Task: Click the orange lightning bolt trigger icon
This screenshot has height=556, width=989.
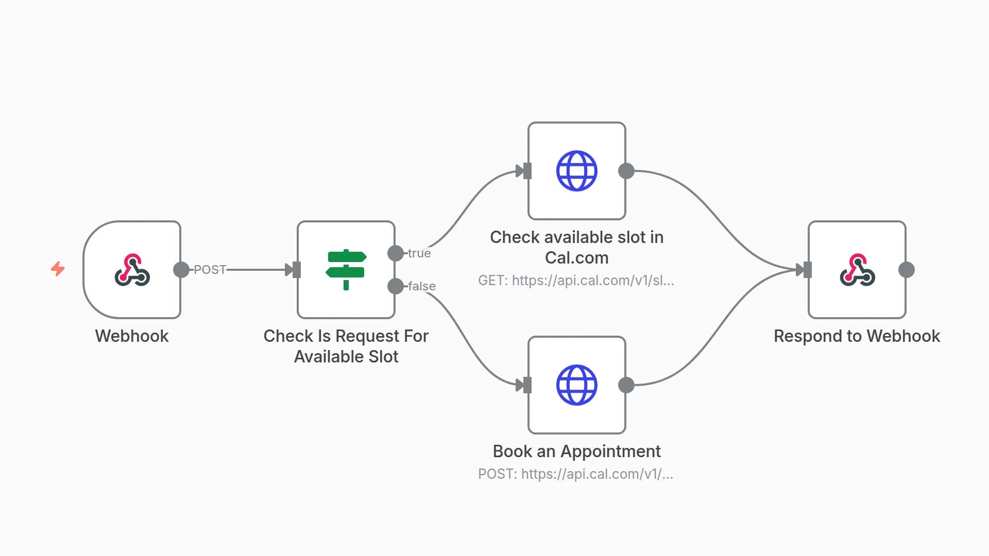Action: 58,269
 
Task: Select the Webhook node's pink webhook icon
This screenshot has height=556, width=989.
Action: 132,270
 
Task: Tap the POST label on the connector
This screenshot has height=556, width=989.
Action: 210,270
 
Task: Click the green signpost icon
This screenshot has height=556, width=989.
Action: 346,270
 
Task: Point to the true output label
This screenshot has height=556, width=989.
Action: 419,253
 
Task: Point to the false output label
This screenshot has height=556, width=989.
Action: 422,286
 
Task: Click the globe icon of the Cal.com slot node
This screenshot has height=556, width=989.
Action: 576,171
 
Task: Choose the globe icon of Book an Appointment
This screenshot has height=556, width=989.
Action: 576,385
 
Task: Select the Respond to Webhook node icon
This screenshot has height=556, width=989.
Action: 857,270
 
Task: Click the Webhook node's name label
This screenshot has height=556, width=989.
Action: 132,336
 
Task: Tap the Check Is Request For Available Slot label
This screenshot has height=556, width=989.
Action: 346,346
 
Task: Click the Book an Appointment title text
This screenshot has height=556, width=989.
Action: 576,451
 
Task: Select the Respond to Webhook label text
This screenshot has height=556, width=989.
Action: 857,336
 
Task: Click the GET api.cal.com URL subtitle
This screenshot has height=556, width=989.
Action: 576,281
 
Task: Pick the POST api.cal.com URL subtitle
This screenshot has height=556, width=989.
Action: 575,474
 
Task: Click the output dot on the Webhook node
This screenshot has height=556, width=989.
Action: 181,270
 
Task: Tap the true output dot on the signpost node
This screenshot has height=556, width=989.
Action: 396,253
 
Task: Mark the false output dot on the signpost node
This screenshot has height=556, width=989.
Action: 396,286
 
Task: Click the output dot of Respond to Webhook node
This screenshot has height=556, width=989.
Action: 907,270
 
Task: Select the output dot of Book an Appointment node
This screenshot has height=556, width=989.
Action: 626,385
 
